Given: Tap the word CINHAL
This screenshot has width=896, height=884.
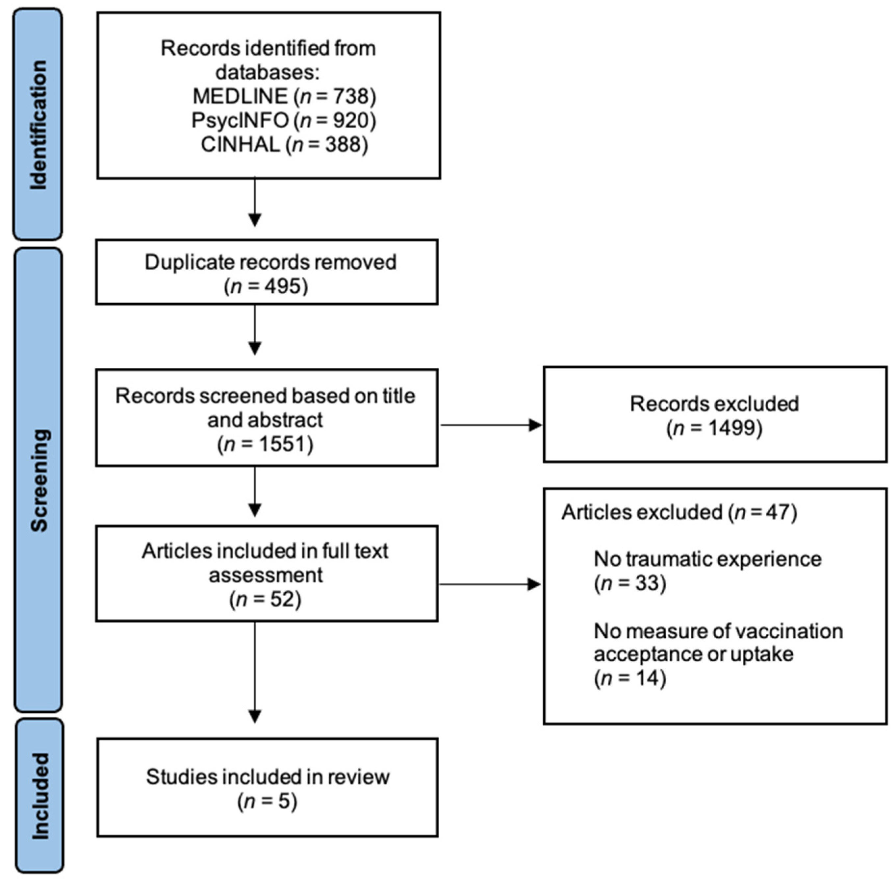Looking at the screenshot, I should (240, 145).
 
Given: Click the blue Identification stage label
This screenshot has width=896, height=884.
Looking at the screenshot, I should (38, 124).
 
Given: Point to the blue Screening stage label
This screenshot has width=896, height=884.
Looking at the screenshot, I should (38, 480).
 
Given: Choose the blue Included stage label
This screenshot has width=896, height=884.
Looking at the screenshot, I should (40, 796).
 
